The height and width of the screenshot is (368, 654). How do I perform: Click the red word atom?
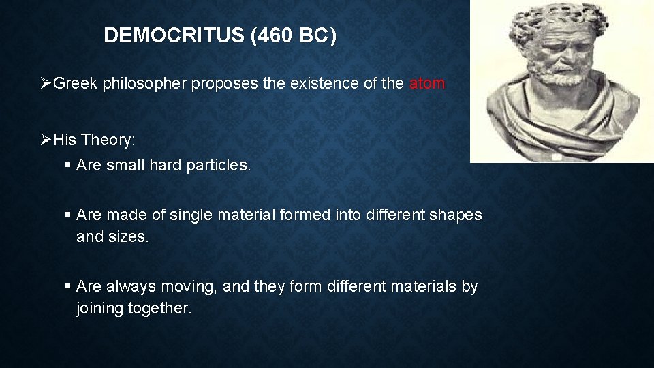427,84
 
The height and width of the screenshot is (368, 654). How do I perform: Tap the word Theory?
108,140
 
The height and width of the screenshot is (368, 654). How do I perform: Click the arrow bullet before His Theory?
46,140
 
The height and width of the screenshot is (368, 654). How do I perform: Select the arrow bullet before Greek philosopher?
46,84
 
